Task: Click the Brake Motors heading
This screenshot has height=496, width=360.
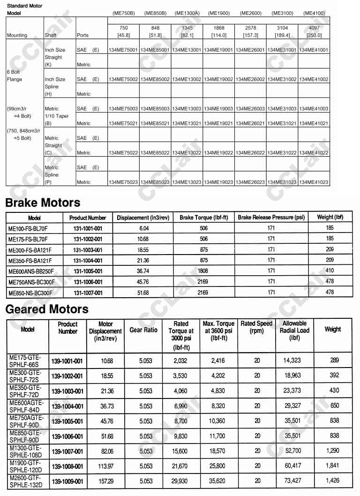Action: [x=43, y=203]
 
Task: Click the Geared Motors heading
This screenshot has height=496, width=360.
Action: [x=47, y=309]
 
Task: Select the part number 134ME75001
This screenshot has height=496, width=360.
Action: [x=123, y=50]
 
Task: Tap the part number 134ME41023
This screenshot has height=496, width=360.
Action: [x=314, y=182]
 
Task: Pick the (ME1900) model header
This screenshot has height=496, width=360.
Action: [x=219, y=13]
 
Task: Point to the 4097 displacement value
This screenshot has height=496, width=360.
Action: [x=314, y=28]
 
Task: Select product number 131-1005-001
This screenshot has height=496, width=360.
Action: [x=88, y=271]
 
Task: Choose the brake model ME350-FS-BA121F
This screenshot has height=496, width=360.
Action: [x=30, y=260]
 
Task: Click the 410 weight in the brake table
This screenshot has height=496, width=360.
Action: [x=330, y=271]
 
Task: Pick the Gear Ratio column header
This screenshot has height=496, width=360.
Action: [x=143, y=330]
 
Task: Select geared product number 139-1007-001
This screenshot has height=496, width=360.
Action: [x=67, y=451]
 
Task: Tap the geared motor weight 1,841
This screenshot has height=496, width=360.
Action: [x=334, y=466]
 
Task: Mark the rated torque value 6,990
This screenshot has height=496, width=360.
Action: [x=180, y=406]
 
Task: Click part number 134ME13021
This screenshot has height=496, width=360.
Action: [x=187, y=124]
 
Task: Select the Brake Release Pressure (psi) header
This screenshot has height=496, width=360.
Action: [x=271, y=218]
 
